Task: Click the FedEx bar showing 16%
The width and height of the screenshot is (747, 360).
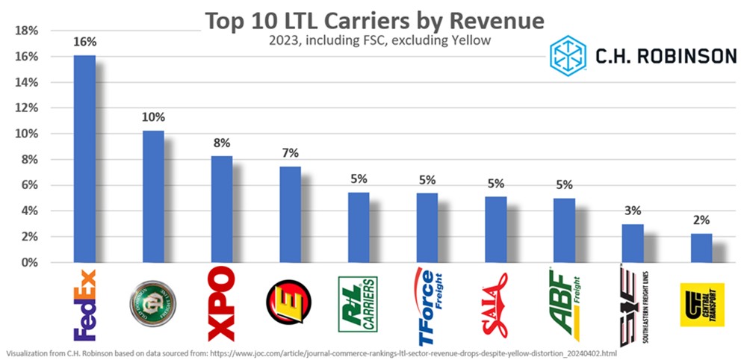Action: coord(84,158)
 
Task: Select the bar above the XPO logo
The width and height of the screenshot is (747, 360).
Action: coord(221,209)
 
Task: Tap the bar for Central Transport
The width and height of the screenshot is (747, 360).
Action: coord(701,248)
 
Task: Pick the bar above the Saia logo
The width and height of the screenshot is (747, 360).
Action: coord(495,229)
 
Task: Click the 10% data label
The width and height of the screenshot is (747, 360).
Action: coord(153,117)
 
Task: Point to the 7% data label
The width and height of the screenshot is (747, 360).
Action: coord(291,153)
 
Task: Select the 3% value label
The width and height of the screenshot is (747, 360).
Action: coord(633,210)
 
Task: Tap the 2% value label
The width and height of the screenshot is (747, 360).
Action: coord(701,220)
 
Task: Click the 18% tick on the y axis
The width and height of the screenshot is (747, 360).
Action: coord(28,31)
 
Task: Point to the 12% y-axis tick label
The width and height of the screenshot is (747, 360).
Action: coord(28,108)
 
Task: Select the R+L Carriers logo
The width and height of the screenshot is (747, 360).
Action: coord(358,304)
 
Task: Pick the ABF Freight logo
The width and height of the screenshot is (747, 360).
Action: coord(564,305)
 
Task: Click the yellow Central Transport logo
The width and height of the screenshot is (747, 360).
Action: coord(701,305)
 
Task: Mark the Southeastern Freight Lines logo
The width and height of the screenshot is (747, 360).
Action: coord(633,305)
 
